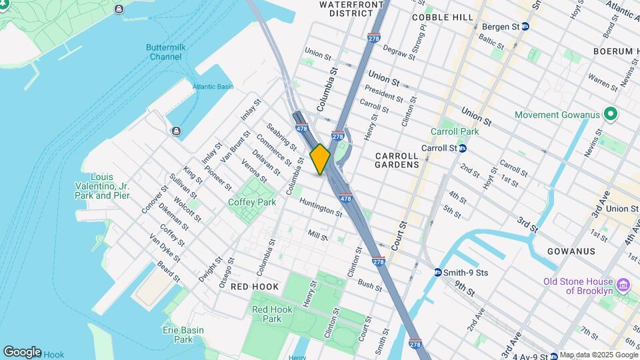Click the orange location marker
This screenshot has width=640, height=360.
point(320,159)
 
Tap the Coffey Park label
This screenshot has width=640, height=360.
point(252,202)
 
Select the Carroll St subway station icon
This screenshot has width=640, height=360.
point(461,148)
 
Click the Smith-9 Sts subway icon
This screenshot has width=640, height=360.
point(438,273)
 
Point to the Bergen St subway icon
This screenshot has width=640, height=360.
point(525,27)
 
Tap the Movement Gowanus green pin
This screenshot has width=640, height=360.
point(610,115)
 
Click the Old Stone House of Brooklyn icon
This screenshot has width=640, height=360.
point(624,285)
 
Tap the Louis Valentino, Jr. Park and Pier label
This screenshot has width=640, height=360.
point(111,186)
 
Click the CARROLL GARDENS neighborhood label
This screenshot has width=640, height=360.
point(397,159)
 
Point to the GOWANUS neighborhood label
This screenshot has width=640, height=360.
point(571,251)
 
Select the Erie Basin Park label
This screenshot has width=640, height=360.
point(178,335)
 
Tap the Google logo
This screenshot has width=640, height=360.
point(22,351)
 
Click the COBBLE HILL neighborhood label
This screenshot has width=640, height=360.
point(442,17)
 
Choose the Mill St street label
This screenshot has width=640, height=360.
point(318,235)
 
